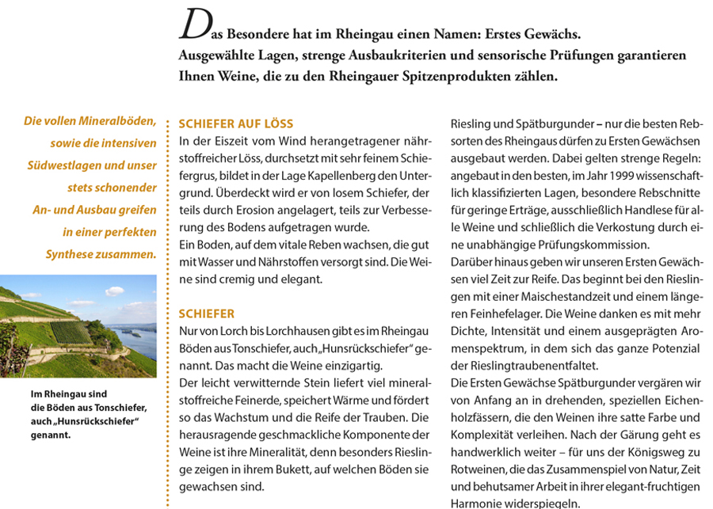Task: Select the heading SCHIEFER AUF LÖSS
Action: point(236,124)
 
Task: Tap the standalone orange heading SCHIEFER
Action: point(207,313)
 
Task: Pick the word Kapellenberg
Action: point(337,176)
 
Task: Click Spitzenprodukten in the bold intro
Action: point(444,78)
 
